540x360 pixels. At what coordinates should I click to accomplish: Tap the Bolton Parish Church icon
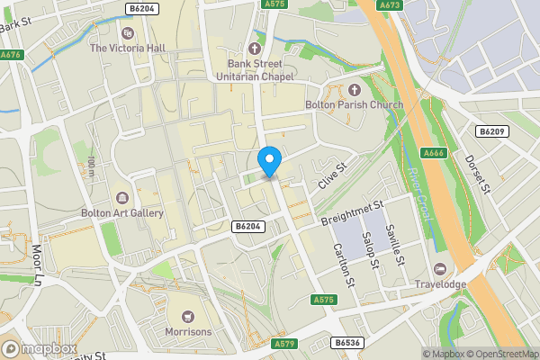(x=354, y=90)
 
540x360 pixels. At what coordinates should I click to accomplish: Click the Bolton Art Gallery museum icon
(x=122, y=197)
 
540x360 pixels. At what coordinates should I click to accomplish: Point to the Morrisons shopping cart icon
(x=188, y=316)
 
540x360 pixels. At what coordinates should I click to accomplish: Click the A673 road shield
(x=390, y=5)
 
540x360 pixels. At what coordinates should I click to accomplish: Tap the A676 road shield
(x=11, y=55)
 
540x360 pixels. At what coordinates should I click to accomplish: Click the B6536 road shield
(x=347, y=343)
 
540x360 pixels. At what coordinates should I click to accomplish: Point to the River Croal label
(x=419, y=196)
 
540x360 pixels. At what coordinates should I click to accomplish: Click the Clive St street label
(x=331, y=175)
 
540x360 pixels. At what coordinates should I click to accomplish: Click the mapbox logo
(x=39, y=347)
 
